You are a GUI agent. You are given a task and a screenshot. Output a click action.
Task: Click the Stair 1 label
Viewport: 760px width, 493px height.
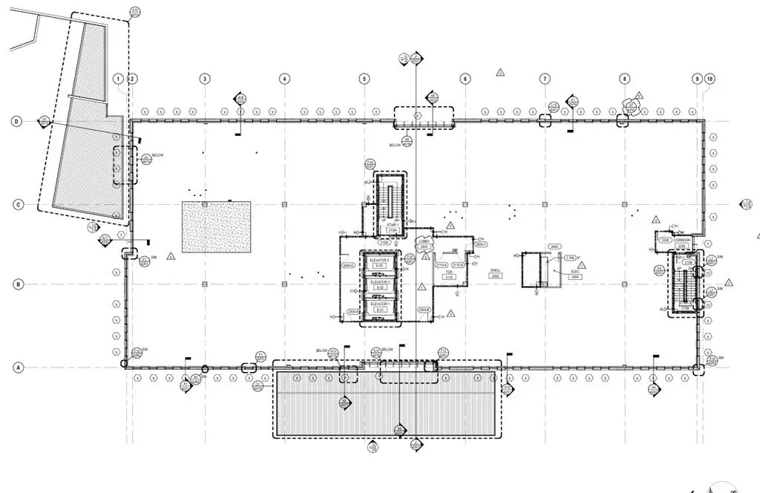click(x=391, y=223)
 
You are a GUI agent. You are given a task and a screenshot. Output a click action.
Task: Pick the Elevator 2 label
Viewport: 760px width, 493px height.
click(x=380, y=283)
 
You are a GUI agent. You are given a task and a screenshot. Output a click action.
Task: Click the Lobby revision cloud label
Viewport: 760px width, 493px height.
click(x=424, y=244)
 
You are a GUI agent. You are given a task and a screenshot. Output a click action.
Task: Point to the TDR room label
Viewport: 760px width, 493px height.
click(x=449, y=274)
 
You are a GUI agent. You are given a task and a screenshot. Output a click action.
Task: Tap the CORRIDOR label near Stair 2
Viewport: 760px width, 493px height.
click(x=683, y=241)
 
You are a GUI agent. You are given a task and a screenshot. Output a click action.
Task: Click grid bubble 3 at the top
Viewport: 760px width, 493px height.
click(x=204, y=79)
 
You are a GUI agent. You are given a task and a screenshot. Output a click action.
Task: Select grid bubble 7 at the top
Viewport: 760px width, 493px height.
click(x=545, y=79)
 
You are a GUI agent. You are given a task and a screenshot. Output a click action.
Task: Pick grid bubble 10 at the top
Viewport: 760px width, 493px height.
click(x=710, y=79)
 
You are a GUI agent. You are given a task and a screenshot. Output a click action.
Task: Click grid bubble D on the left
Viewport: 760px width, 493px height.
click(x=16, y=122)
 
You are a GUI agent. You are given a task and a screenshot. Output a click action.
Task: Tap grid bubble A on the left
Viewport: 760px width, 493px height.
click(x=16, y=367)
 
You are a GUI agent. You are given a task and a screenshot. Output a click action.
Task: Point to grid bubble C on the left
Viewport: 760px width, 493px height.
click(x=16, y=205)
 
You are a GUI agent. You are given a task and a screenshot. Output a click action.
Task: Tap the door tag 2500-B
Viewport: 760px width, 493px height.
click(x=425, y=309)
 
